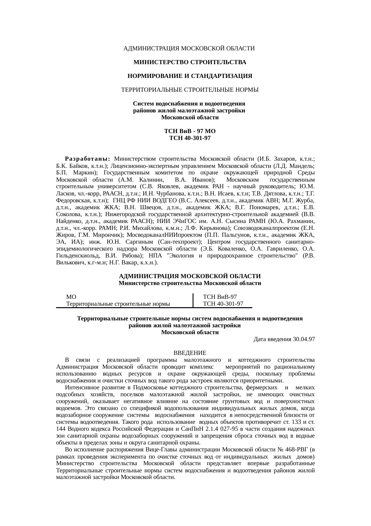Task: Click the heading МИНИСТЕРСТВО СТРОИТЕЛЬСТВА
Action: pyautogui.click(x=190, y=62)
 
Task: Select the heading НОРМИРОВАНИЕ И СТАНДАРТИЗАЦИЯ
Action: pyautogui.click(x=190, y=76)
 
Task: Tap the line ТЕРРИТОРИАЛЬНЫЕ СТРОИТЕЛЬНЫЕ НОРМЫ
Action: pyautogui.click(x=190, y=90)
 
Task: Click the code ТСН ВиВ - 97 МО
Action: pyautogui.click(x=190, y=132)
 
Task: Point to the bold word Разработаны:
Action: pyautogui.click(x=88, y=159)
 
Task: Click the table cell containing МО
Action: pyautogui.click(x=71, y=297)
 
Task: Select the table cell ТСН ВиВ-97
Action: pyautogui.click(x=220, y=297)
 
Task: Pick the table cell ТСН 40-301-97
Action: pyautogui.click(x=223, y=304)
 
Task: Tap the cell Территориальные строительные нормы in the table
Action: pyautogui.click(x=118, y=304)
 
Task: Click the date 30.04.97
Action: pyautogui.click(x=304, y=339)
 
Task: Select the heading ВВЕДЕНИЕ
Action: pyautogui.click(x=190, y=353)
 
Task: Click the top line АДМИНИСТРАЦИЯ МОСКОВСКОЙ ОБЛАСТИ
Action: pyautogui.click(x=189, y=48)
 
